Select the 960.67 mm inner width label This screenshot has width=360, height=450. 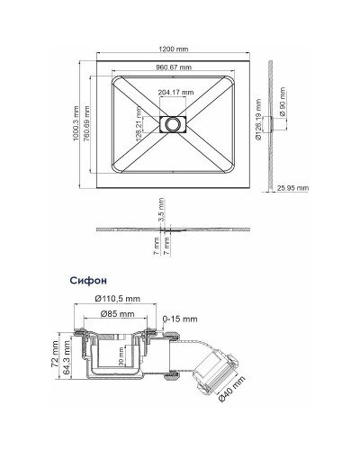click(x=173, y=68)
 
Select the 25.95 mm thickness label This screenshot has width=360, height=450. click(x=293, y=188)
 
